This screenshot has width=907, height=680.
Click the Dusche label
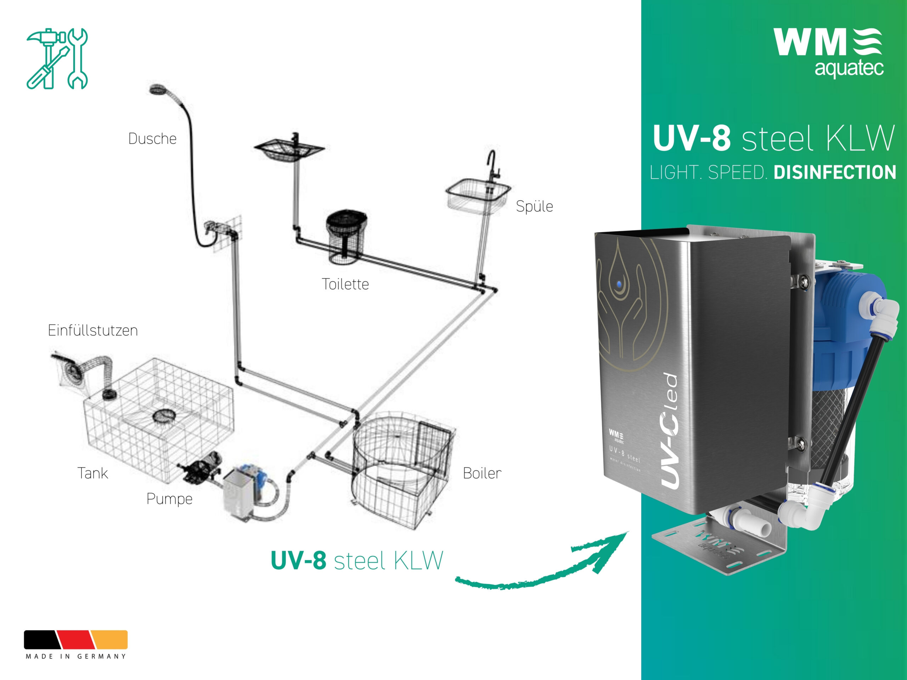[152, 138]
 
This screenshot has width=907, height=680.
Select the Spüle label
[534, 206]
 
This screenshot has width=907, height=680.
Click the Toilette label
[345, 284]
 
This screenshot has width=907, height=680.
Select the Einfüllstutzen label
[93, 330]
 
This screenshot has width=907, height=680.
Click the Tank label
[93, 473]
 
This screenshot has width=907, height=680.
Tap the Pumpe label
[169, 499]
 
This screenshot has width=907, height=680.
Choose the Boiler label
[482, 473]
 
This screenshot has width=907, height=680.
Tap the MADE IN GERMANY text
[76, 656]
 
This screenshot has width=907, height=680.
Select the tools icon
[57, 58]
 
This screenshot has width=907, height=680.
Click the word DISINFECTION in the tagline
[834, 172]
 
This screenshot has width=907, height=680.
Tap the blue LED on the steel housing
[619, 284]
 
